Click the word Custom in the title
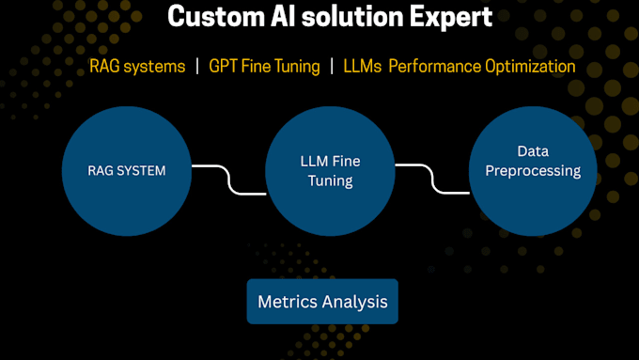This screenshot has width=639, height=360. click(x=208, y=17)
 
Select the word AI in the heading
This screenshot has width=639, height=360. click(x=278, y=17)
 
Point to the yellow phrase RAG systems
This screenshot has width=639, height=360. click(x=137, y=67)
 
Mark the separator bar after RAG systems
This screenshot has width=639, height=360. click(x=198, y=67)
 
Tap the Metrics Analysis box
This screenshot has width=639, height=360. click(x=322, y=302)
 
